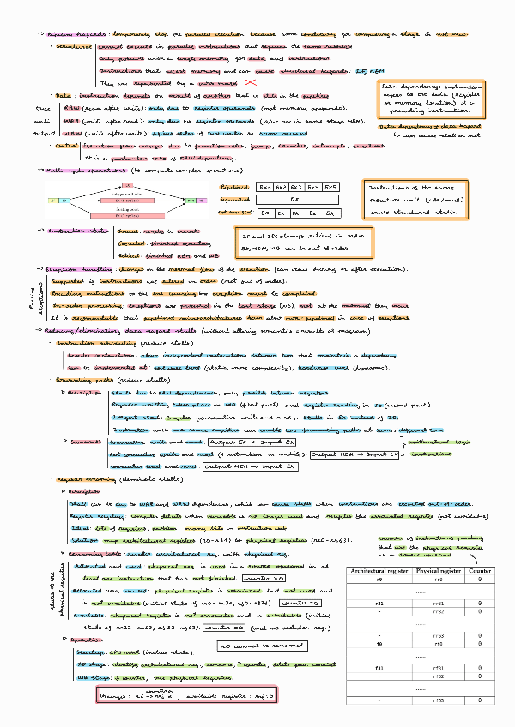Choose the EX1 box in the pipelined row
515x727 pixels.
pos(266,186)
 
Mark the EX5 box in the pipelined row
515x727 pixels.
pos(331,186)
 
